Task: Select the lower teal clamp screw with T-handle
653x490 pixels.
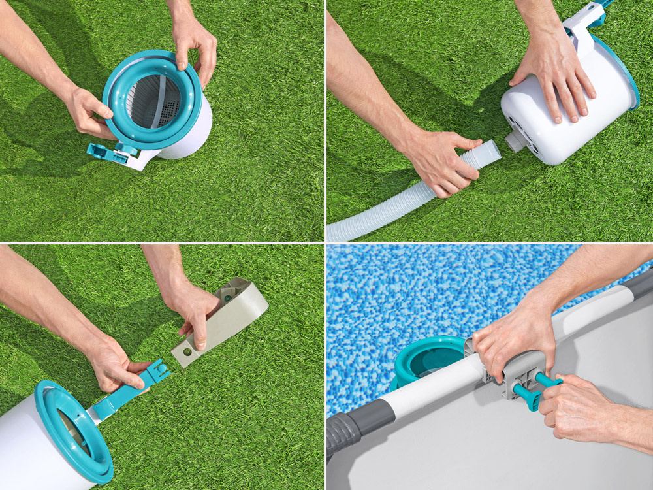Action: (526, 395)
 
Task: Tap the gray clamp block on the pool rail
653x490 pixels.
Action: (516, 376)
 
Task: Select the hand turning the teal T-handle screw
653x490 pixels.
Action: (578, 408)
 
